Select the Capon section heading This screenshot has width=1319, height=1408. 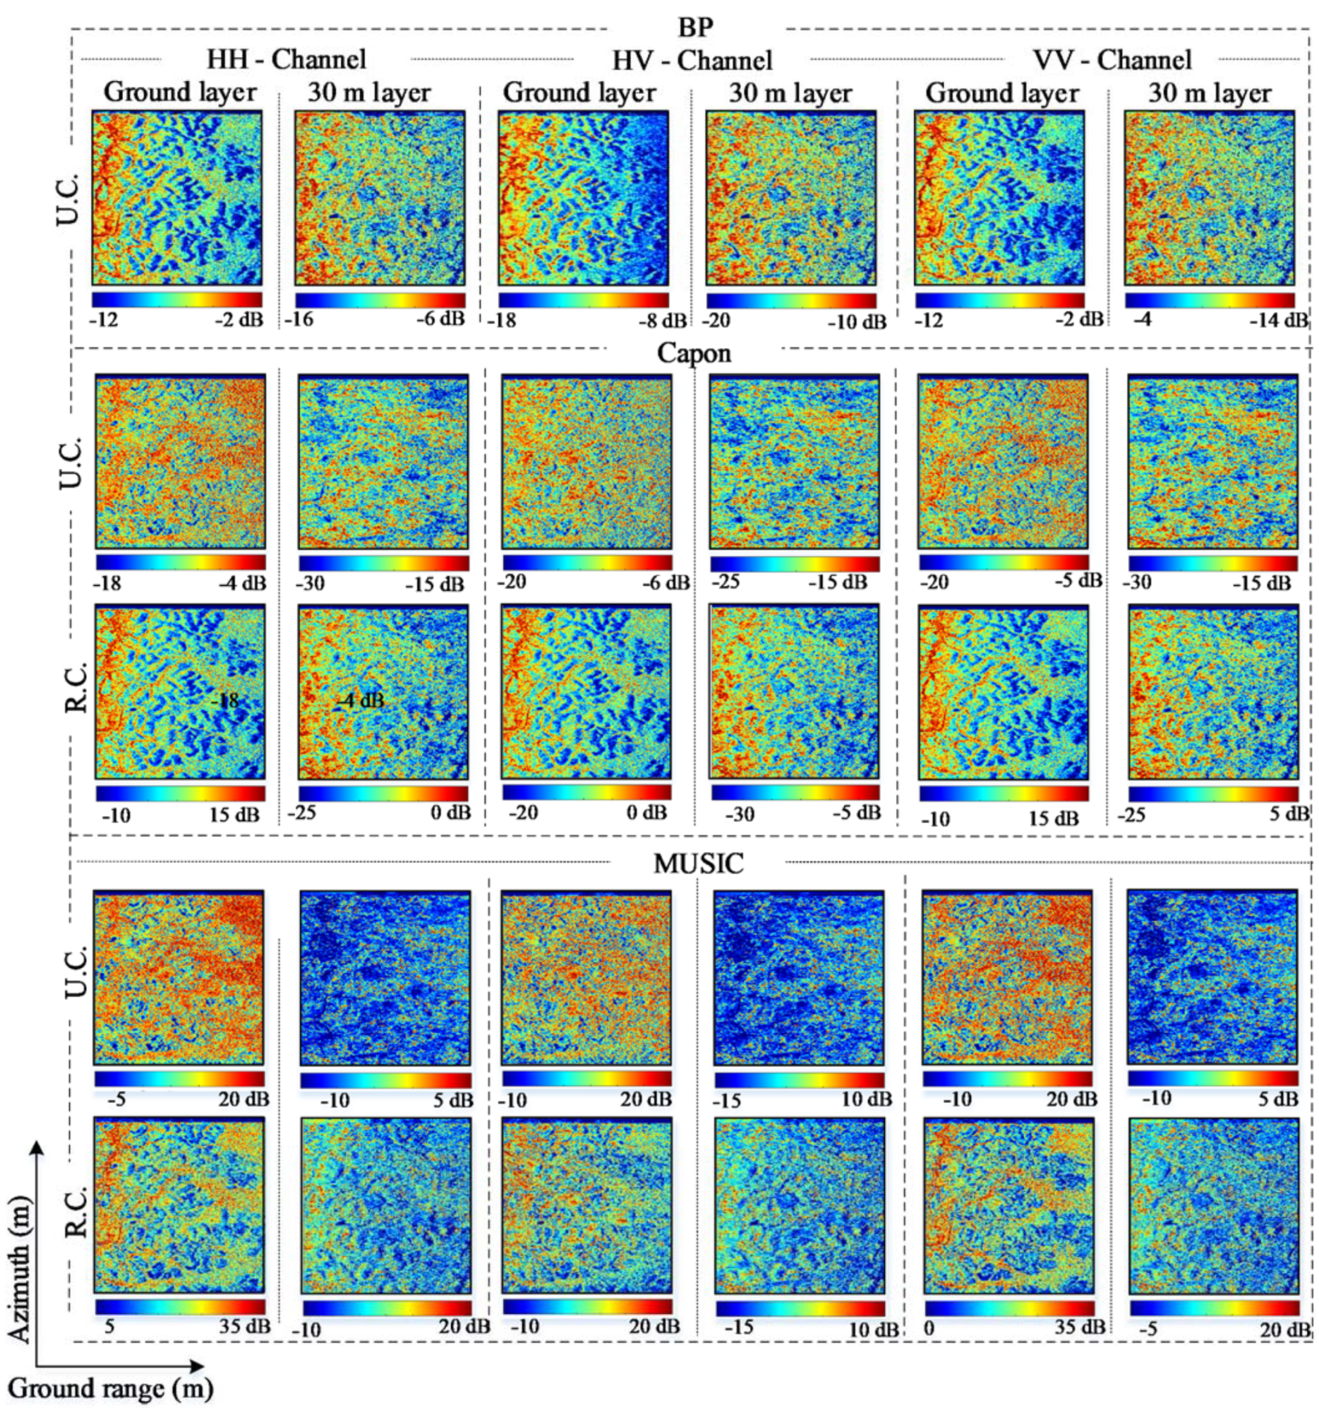point(694,353)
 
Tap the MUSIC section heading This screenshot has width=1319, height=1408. point(697,864)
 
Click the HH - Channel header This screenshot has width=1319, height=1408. point(286,59)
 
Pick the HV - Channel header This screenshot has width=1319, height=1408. point(692,60)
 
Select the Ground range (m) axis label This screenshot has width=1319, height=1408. point(111,1388)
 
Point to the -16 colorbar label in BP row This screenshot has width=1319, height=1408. point(299,319)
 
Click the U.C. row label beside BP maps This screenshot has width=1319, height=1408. point(69,198)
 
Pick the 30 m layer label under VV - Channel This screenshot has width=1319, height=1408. point(1209,93)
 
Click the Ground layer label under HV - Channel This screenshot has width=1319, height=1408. point(579,93)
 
